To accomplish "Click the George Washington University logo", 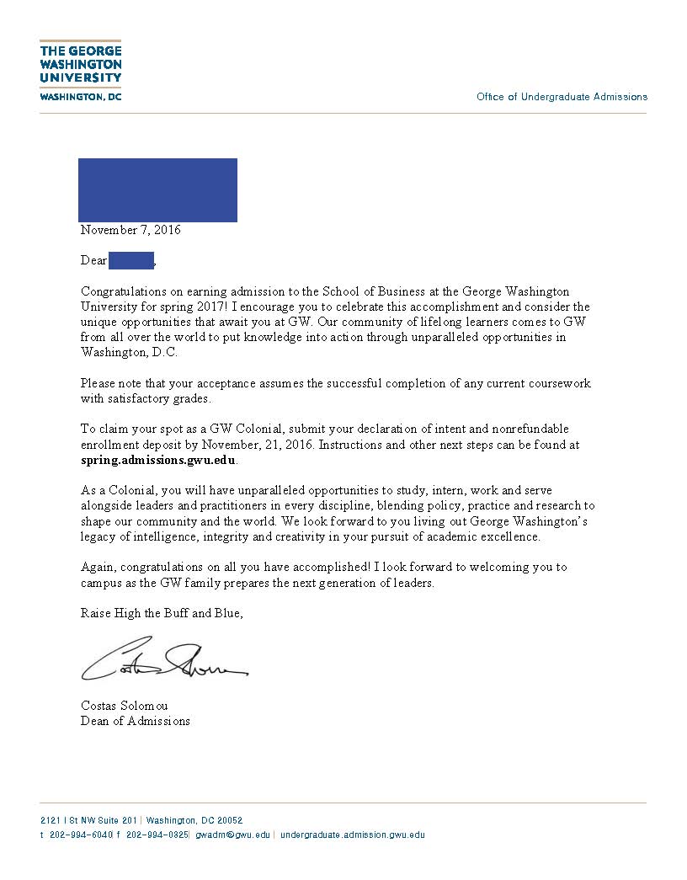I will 81,71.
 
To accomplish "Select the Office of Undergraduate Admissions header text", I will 562,97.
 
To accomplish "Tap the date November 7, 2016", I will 130,230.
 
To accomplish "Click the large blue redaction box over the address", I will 157,189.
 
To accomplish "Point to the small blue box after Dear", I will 131,259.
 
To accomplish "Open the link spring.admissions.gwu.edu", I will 158,460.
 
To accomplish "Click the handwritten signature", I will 163,661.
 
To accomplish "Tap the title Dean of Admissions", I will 136,721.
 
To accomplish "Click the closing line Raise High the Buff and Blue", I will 162,613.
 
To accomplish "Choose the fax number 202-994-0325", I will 157,835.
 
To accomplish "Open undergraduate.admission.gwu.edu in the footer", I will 352,835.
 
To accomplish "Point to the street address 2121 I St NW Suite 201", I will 88,820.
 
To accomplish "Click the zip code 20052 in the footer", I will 230,820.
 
